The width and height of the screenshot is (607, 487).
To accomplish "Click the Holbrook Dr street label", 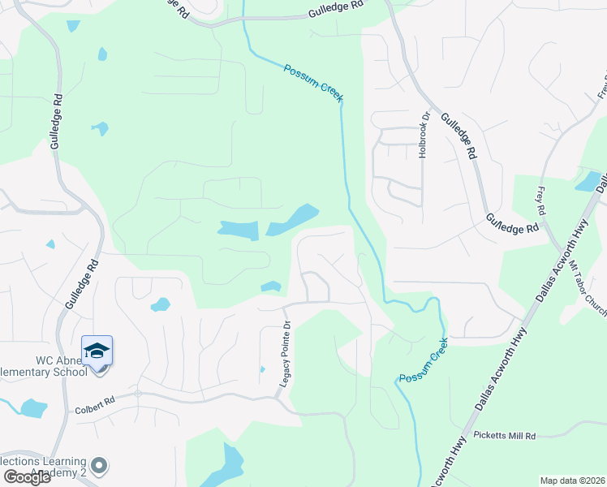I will (423, 136).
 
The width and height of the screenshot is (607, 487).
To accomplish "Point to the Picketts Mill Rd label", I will (506, 436).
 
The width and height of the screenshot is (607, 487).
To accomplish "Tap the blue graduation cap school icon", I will (97, 351).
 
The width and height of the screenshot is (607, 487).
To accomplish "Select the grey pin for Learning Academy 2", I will (99, 466).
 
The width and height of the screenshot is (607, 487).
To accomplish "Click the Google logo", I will (27, 476).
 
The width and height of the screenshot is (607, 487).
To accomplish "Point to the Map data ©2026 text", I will (571, 481).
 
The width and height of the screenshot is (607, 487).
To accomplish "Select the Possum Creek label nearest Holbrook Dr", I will (314, 83).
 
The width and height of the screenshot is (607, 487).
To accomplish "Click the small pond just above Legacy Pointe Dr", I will (271, 287).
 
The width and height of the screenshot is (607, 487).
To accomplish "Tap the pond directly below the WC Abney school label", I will (33, 407).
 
